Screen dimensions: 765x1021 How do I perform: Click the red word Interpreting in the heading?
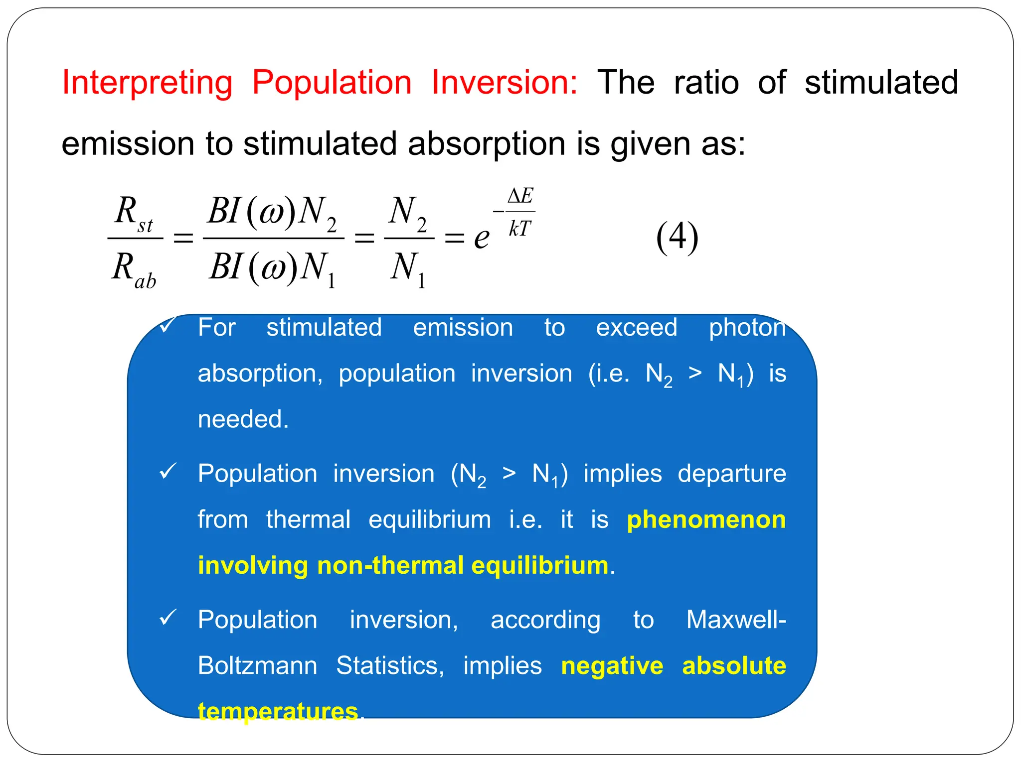(x=147, y=83)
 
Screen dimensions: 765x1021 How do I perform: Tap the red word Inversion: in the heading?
(x=504, y=83)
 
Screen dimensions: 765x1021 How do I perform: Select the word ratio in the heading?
(x=706, y=83)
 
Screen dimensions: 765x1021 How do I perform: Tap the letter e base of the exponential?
(x=481, y=238)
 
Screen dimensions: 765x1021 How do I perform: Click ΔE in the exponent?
(x=520, y=196)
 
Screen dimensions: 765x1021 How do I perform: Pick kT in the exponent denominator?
(x=520, y=229)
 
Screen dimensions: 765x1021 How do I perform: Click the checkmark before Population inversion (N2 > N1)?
(x=168, y=471)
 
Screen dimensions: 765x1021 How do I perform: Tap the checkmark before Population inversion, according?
(x=168, y=618)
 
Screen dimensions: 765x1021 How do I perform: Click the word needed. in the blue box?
(x=243, y=419)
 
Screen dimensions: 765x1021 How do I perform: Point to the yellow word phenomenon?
(x=706, y=520)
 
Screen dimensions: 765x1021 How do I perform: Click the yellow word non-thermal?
(x=390, y=566)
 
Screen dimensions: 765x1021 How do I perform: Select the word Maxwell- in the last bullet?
(x=736, y=620)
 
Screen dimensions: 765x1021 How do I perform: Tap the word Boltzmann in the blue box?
(x=257, y=666)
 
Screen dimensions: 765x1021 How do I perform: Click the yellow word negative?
(x=612, y=666)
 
